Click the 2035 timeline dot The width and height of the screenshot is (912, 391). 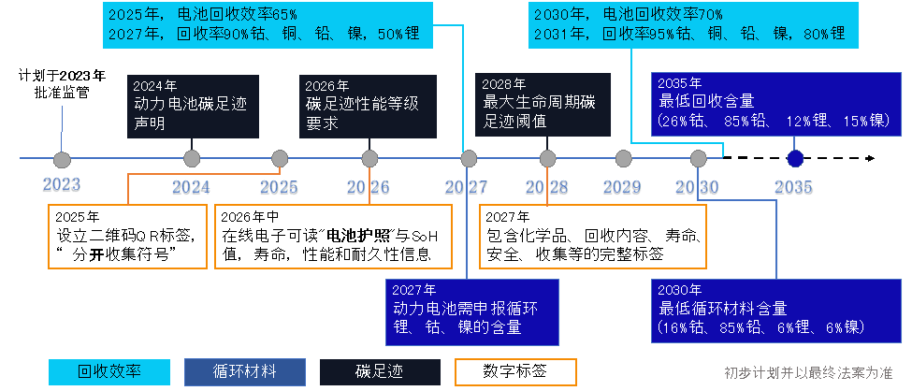(x=796, y=158)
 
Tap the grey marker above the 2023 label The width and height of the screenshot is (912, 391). (x=63, y=159)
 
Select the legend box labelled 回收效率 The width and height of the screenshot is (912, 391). (x=110, y=371)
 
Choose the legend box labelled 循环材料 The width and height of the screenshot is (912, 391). (x=245, y=371)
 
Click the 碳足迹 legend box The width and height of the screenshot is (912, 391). (x=380, y=371)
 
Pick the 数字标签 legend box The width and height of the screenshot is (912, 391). (x=515, y=371)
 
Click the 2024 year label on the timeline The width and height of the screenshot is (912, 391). (x=192, y=187)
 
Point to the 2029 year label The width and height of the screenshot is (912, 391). (x=621, y=187)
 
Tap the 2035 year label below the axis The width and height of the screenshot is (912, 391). (x=793, y=187)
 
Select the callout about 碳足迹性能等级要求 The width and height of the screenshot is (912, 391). (x=352, y=103)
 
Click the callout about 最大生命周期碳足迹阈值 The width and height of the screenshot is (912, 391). (x=543, y=103)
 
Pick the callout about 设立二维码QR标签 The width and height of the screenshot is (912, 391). (x=125, y=236)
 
